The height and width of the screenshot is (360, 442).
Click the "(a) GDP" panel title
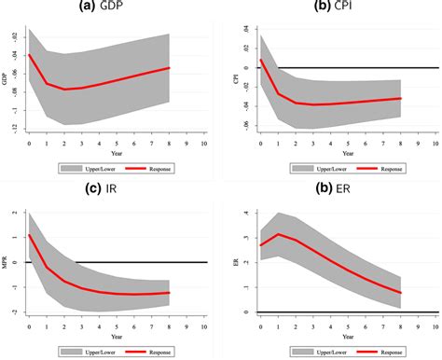112,8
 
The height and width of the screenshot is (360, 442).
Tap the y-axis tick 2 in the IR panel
15,214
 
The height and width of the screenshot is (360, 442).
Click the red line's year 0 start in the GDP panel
29,55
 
